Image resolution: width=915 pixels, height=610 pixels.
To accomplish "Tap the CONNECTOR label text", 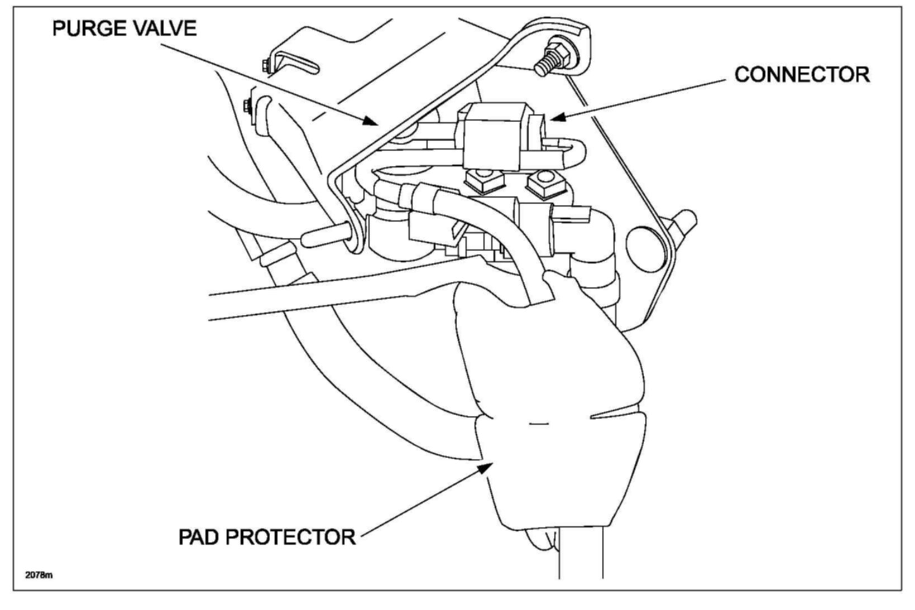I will (802, 74).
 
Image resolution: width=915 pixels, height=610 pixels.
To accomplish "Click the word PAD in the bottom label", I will (200, 537).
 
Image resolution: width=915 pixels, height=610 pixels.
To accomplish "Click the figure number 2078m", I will (39, 574).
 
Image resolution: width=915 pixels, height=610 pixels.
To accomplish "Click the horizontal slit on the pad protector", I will (538, 424).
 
